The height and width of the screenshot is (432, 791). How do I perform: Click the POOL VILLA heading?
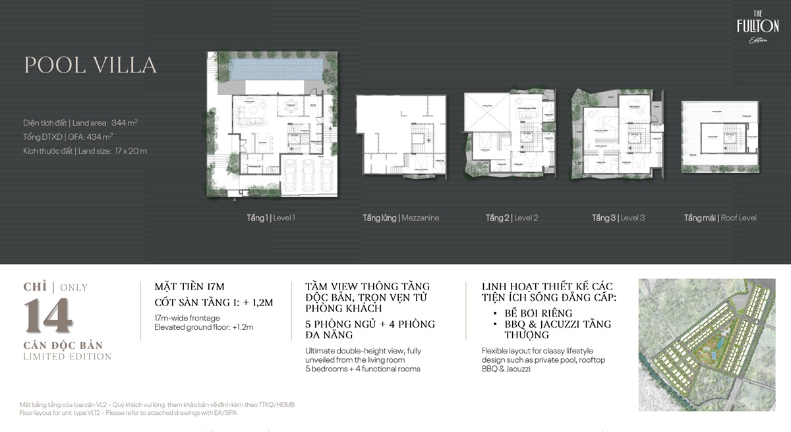point(90,65)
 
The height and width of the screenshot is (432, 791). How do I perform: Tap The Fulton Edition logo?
point(757,29)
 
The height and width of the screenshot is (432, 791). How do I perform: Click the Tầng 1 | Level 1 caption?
point(267,218)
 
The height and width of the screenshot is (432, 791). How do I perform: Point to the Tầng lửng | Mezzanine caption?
point(401,218)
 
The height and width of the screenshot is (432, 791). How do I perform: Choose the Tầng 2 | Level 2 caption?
point(512,218)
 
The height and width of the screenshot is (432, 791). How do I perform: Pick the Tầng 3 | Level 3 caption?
point(618,218)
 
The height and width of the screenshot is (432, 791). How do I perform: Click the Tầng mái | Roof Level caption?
point(720,218)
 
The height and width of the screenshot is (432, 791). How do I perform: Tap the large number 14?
point(49,315)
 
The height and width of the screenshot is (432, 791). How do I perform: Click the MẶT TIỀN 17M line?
point(190,286)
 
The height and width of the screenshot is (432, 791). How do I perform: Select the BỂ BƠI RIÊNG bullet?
point(535,313)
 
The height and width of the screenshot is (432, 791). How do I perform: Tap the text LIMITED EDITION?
point(67,357)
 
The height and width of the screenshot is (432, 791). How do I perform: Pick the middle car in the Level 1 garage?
point(308,176)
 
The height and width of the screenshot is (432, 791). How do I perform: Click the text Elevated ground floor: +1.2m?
point(204,326)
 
